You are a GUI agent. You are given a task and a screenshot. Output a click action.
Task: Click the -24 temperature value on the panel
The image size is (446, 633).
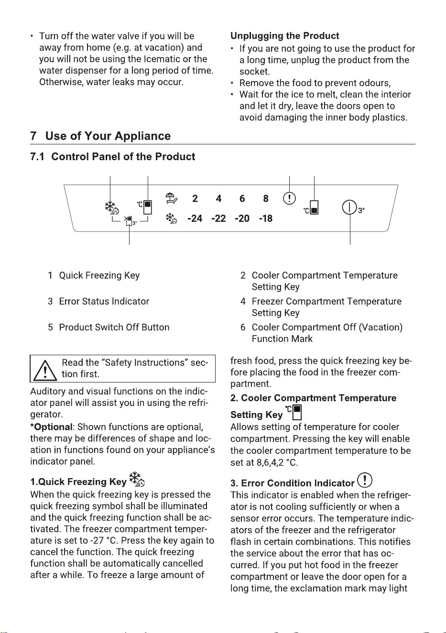195,218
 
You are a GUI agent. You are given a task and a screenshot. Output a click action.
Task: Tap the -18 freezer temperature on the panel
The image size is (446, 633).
266,218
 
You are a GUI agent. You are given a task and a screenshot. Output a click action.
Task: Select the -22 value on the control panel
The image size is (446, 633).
218,218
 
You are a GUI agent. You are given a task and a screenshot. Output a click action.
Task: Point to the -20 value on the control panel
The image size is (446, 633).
242,218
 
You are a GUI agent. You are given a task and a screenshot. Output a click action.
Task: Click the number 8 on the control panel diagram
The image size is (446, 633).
266,198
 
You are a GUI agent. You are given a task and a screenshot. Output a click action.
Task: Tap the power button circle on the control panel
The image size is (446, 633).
349,207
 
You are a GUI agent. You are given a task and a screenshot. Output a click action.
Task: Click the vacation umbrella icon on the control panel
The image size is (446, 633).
171,198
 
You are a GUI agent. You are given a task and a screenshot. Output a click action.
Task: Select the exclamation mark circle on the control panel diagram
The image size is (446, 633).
289,198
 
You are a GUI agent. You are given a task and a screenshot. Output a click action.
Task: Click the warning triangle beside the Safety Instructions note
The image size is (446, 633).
45,371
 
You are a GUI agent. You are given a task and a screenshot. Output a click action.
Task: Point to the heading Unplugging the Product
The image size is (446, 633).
284,36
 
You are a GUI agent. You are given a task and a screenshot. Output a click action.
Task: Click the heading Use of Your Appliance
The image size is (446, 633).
108,136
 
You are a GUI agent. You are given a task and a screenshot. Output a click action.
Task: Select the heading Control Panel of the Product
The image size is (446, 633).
123,156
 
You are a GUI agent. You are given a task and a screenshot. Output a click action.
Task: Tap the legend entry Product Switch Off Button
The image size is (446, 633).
114,327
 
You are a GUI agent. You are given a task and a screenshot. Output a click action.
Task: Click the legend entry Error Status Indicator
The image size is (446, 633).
104,301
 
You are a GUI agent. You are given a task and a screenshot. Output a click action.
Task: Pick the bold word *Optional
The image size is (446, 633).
51,427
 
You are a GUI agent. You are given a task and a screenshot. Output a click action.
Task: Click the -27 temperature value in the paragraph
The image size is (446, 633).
97,540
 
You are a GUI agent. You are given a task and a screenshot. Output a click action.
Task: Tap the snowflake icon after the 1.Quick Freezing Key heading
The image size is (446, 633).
137,479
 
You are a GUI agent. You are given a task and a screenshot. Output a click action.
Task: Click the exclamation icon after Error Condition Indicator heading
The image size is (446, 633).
365,480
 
